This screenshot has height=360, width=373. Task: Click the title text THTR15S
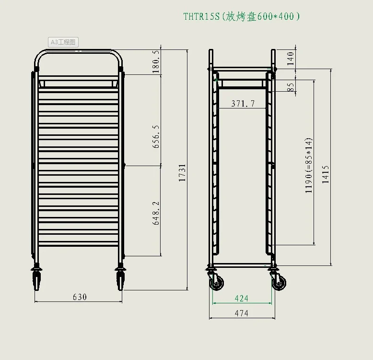coord(201,16)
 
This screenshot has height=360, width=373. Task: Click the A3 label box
coord(63,42)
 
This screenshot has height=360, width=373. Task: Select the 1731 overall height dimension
coord(182,173)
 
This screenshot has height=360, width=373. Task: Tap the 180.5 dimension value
coord(155,62)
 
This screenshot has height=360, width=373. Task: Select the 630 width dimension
coord(80,297)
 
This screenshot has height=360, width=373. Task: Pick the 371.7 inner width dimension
coord(243,103)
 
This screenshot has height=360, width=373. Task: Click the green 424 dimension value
coord(242,298)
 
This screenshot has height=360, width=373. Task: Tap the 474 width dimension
coord(242,313)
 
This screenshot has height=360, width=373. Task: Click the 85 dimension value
coord(291,87)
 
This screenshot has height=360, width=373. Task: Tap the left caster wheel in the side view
coord(217,282)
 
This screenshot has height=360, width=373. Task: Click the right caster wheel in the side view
coord(279,282)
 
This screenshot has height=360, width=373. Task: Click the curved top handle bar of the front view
coord(80,50)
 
